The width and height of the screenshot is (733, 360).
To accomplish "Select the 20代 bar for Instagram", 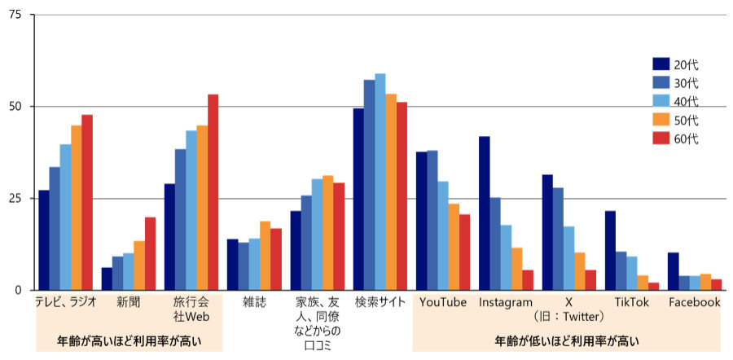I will tap(485, 213).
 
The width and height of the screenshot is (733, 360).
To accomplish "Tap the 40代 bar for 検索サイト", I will tap(380, 182).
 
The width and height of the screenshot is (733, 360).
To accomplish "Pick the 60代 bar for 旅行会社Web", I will tap(213, 192).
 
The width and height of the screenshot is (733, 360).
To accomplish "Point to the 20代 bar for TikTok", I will tap(611, 250).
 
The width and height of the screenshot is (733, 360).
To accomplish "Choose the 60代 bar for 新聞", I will tap(150, 253).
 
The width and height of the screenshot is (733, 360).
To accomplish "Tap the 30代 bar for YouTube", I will tap(432, 220).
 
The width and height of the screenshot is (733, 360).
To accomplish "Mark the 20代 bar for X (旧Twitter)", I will tap(547, 232).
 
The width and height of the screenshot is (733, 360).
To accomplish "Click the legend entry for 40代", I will tap(678, 102).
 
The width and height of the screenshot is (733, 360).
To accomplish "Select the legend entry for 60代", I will tap(678, 138).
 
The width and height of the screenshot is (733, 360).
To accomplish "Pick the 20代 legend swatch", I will tap(661, 64).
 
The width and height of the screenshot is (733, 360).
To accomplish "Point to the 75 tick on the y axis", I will tap(15, 15).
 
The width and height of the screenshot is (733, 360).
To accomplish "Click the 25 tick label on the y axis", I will tap(15, 198).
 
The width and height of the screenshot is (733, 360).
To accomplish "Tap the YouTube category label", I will tap(442, 302).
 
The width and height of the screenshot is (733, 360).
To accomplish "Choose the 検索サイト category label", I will tap(380, 302).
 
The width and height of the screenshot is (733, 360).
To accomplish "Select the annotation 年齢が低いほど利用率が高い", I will tap(568, 340).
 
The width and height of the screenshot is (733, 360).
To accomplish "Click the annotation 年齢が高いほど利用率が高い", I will tap(129, 340).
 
